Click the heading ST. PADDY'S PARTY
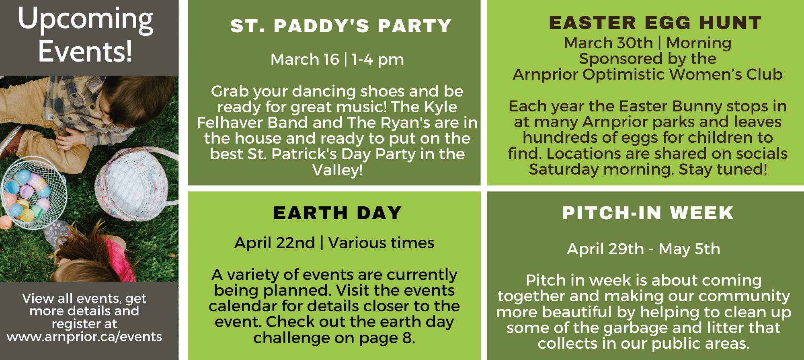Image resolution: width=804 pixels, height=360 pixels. (341, 26)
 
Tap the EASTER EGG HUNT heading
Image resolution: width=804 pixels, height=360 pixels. (655, 23)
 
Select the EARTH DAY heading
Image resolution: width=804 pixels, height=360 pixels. (338, 213)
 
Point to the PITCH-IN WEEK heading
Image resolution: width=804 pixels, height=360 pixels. (648, 213)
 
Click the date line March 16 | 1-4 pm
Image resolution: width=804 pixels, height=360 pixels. (337, 60)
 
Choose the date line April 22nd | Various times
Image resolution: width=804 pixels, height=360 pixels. (334, 243)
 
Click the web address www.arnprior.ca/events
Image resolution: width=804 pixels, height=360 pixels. (84, 336)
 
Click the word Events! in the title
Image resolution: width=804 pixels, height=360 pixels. (85, 51)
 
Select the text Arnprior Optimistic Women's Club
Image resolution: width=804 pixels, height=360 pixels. (647, 74)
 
